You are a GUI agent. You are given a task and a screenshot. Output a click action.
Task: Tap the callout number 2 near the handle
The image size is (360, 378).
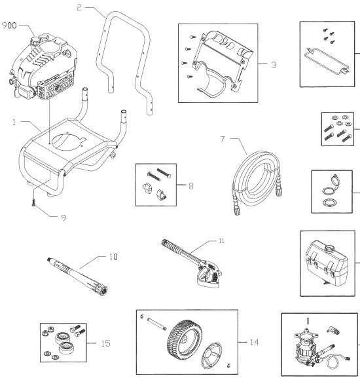pyautogui.click(x=79, y=8)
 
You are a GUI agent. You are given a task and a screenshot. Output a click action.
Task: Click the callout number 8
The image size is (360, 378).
pyautogui.click(x=190, y=186)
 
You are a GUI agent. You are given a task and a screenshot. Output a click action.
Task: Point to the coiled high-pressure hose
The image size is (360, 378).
pyautogui.click(x=253, y=170)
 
